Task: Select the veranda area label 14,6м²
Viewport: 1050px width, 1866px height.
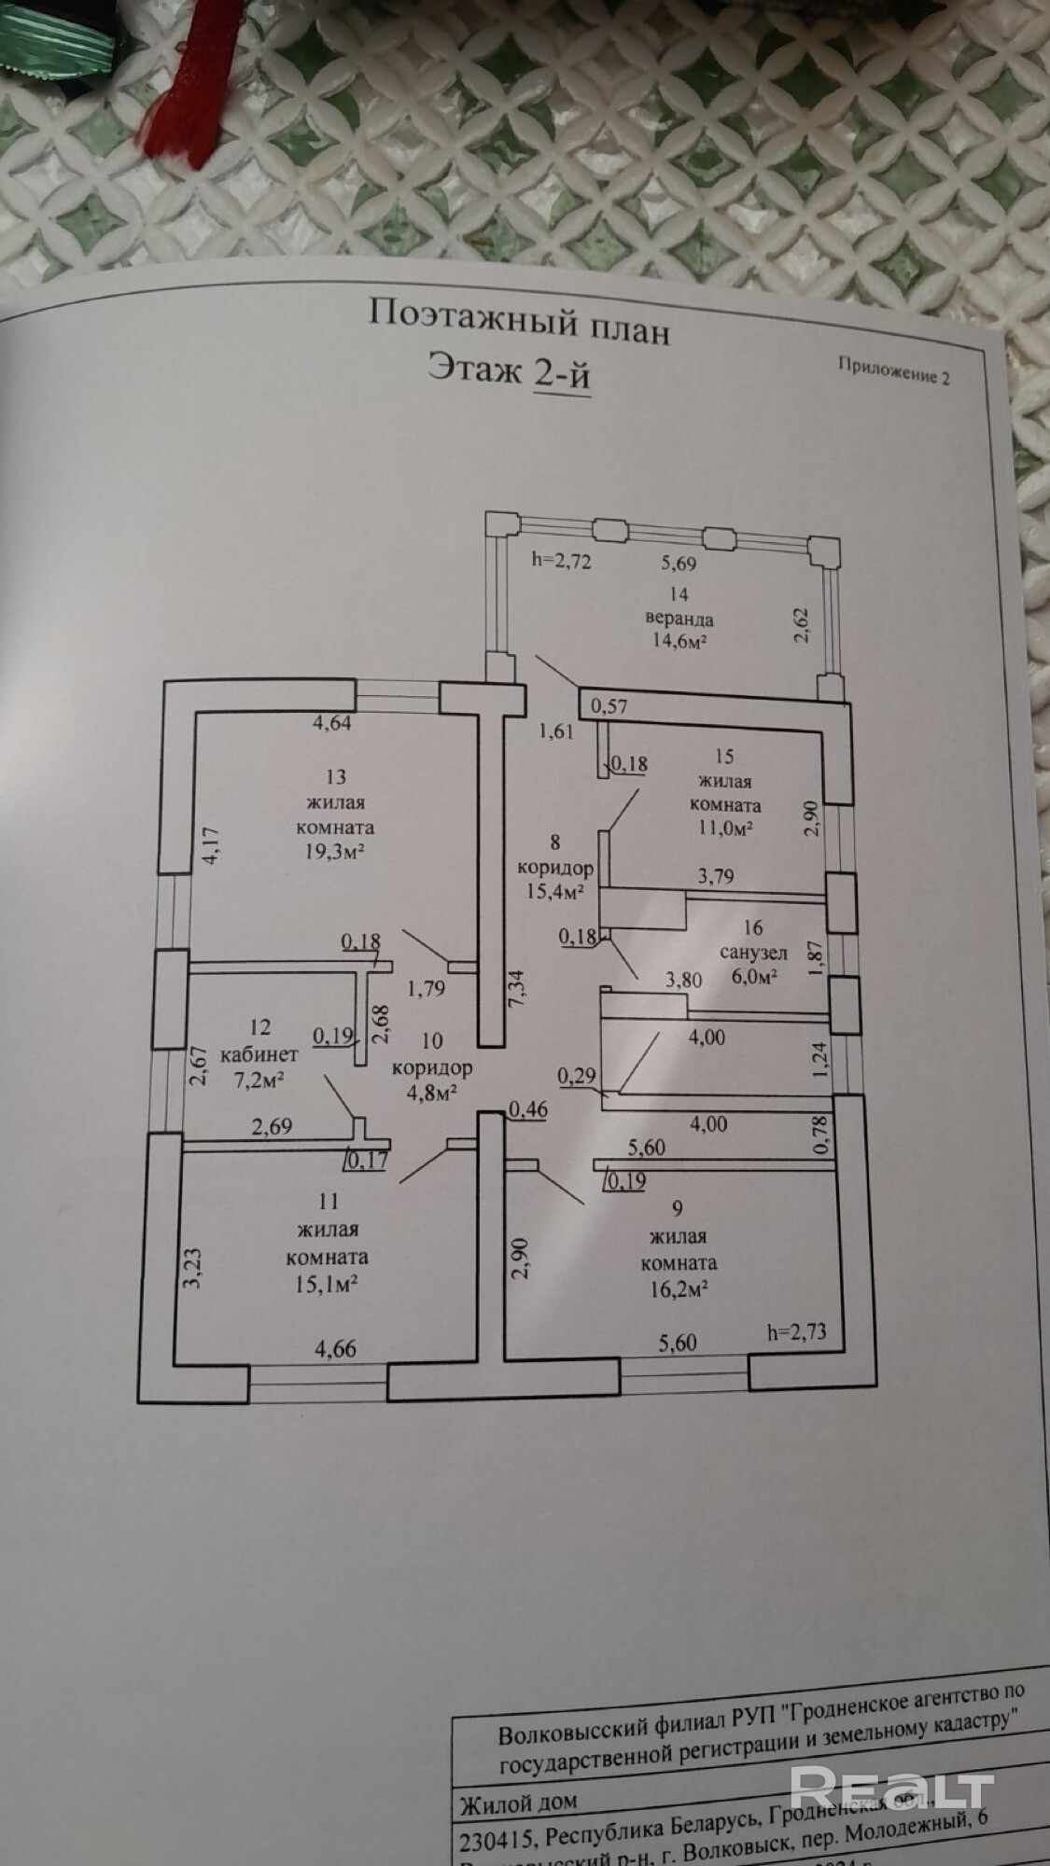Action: (x=679, y=641)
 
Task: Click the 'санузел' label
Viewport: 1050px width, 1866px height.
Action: (x=754, y=953)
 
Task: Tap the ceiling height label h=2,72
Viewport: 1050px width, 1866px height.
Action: (x=562, y=561)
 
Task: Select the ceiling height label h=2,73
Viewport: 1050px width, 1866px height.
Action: (x=795, y=1331)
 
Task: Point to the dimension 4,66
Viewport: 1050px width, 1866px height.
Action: (x=336, y=1349)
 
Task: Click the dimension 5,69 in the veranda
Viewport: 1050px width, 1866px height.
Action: (x=679, y=563)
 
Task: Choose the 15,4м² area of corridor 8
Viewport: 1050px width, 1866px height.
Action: (x=555, y=890)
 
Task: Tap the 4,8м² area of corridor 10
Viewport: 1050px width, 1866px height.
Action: (x=430, y=1092)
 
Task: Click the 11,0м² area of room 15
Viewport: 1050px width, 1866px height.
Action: (x=724, y=828)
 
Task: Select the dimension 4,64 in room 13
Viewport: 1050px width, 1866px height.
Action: (x=331, y=721)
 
